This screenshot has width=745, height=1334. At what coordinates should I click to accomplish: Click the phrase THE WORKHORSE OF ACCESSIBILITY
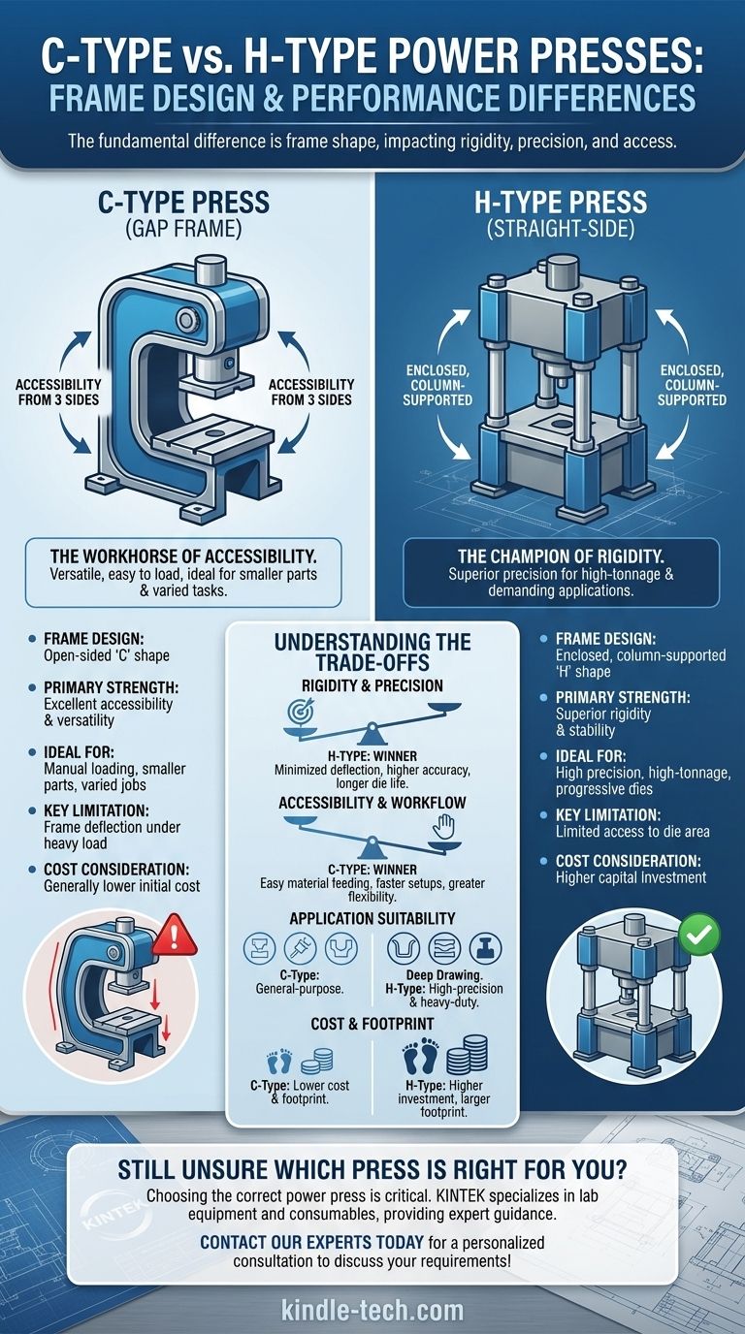pyautogui.click(x=184, y=557)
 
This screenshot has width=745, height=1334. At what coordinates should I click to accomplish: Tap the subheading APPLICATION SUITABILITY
pyautogui.click(x=372, y=916)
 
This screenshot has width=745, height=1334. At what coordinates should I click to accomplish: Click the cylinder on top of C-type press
pyautogui.click(x=209, y=270)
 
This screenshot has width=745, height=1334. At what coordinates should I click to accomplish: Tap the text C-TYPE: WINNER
pyautogui.click(x=372, y=870)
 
